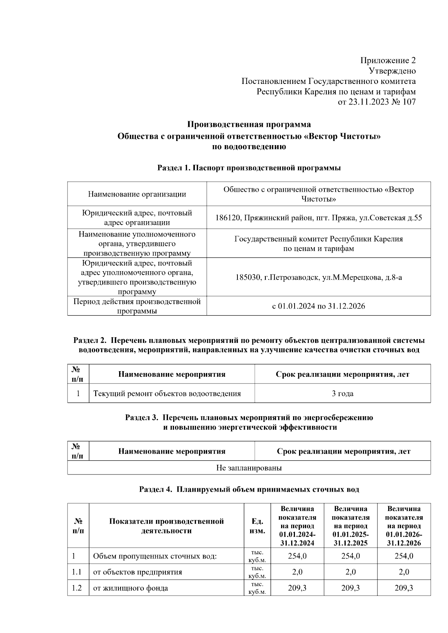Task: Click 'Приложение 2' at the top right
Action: pyautogui.click(x=388, y=60)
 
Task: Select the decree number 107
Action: pyautogui.click(x=409, y=102)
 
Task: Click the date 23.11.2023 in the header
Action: pyautogui.click(x=368, y=102)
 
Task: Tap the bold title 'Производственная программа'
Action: pyautogui.click(x=249, y=124)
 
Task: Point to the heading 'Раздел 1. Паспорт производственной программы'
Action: pyautogui.click(x=249, y=168)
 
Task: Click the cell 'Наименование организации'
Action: pyautogui.click(x=137, y=194)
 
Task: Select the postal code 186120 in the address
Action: pyautogui.click(x=228, y=217)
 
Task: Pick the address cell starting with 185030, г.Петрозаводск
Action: pyautogui.click(x=318, y=277)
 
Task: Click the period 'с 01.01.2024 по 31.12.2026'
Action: pyautogui.click(x=318, y=306)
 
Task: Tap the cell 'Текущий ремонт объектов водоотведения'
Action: pyautogui.click(x=167, y=394)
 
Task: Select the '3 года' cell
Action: pyautogui.click(x=342, y=394)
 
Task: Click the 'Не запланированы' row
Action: pyautogui.click(x=249, y=468)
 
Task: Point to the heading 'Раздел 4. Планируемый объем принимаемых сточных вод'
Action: pyautogui.click(x=249, y=489)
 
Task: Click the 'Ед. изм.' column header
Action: pyautogui.click(x=257, y=526)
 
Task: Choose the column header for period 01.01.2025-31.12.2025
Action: pyautogui.click(x=351, y=526)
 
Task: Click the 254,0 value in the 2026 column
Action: pyautogui.click(x=404, y=556)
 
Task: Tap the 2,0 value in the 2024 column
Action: pyautogui.click(x=297, y=572)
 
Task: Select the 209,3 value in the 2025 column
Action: pyautogui.click(x=351, y=588)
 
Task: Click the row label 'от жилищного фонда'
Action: pyautogui.click(x=130, y=588)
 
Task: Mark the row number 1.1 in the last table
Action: pyautogui.click(x=77, y=572)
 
